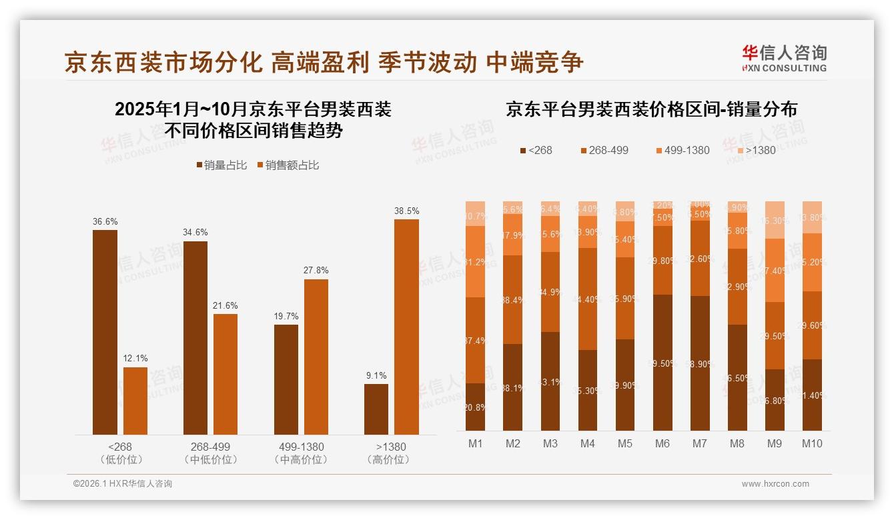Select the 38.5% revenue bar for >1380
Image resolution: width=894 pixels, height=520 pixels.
click(406, 327)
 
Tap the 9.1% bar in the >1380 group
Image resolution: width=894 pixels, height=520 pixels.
click(376, 409)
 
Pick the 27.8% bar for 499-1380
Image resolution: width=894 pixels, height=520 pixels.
click(316, 357)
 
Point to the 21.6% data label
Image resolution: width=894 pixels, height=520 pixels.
click(226, 305)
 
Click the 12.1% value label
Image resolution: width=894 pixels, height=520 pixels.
click(135, 359)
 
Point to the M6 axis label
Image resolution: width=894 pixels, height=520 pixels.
click(662, 443)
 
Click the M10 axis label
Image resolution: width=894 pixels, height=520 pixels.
click(812, 443)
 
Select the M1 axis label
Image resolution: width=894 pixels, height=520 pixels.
click(476, 443)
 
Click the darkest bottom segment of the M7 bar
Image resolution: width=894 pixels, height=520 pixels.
click(700, 363)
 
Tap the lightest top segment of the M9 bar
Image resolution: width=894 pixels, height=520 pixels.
click(775, 219)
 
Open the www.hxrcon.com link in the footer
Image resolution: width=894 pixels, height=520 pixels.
click(775, 484)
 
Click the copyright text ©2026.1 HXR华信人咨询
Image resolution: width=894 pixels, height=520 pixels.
click(123, 484)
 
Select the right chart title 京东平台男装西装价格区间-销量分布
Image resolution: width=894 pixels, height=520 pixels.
click(651, 109)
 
